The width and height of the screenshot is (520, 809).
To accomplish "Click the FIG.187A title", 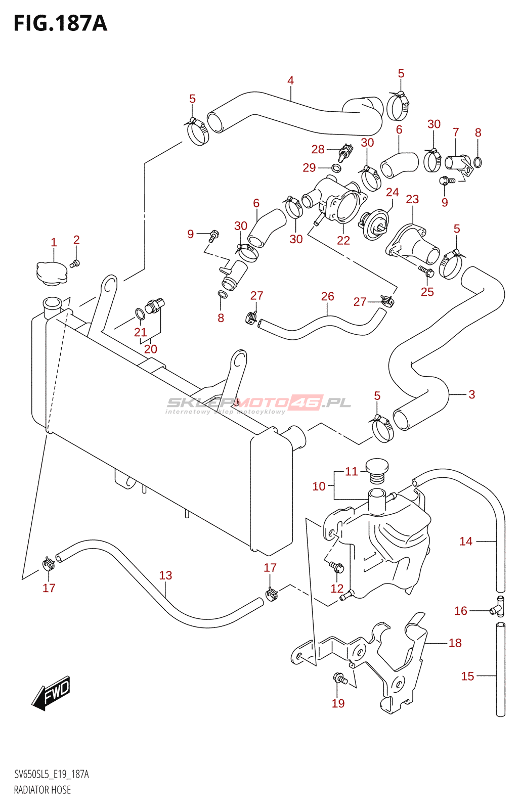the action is click(60, 23).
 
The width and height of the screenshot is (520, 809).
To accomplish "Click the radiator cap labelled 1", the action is click(52, 274).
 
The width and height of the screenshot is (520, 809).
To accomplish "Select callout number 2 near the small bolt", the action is click(76, 240).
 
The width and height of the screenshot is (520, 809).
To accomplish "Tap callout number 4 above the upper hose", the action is click(290, 80).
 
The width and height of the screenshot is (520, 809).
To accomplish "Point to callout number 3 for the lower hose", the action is click(471, 394).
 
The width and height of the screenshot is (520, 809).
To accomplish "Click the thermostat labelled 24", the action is click(374, 224).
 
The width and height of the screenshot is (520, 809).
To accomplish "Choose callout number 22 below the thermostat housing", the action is click(343, 240).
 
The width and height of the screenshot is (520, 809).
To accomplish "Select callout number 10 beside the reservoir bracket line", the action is click(319, 486).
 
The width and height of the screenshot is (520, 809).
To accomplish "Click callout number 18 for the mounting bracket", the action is click(455, 643).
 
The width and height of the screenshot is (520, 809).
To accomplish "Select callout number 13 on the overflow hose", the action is click(165, 575).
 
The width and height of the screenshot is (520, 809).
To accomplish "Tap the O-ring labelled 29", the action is click(336, 168).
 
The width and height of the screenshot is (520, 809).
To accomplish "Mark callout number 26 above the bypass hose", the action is click(327, 296).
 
